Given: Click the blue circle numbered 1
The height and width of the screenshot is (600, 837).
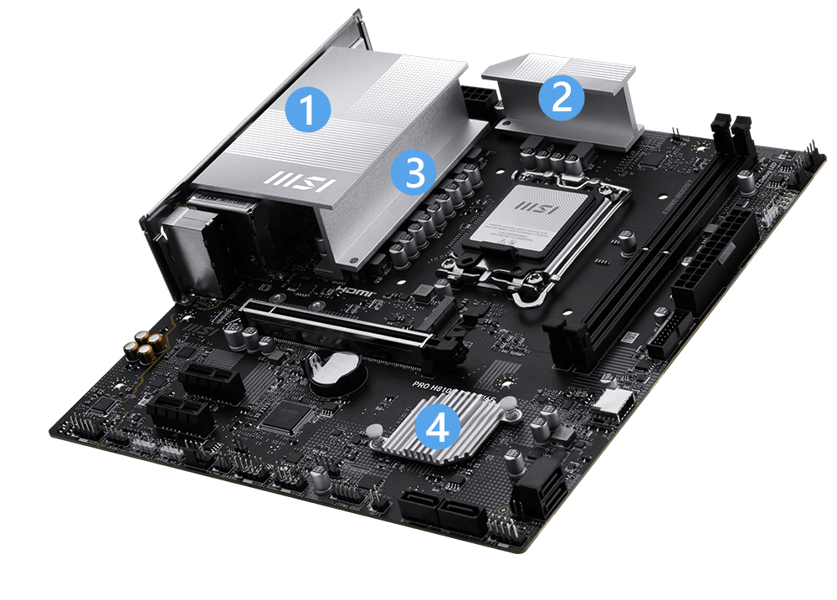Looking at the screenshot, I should [x=308, y=110].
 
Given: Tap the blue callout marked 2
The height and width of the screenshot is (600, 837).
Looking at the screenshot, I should [x=561, y=98].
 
